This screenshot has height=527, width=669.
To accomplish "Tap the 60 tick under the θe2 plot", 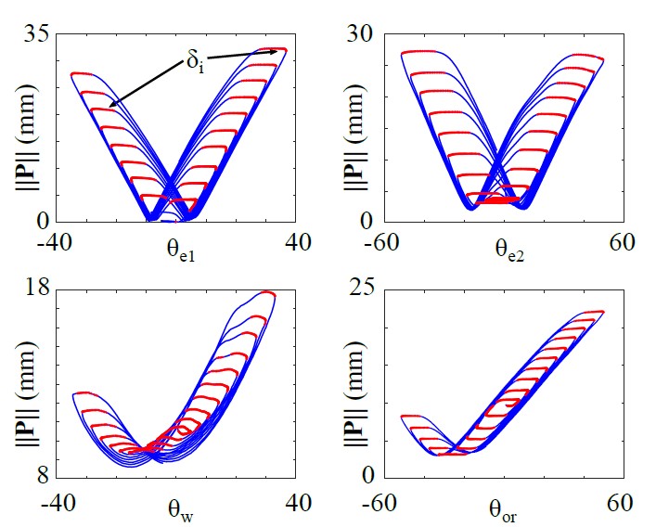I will coord(621,243).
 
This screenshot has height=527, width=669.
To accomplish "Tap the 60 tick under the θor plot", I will coord(621,501).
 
